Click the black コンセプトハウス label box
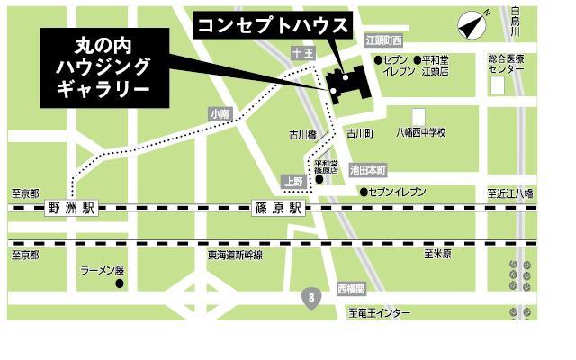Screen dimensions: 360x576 (272, 25)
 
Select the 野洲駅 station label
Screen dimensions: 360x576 (73, 209)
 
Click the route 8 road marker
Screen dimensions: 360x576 (311, 296)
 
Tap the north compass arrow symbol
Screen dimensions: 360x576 (472, 25)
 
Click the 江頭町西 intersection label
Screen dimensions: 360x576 (384, 41)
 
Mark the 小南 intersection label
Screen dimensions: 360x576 (220, 114)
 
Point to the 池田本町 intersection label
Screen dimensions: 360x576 (367, 169)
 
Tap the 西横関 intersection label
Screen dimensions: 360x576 (351, 289)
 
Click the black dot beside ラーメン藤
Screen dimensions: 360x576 (119, 284)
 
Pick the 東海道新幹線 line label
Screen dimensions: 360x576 (235, 256)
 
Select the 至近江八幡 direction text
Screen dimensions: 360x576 (510, 193)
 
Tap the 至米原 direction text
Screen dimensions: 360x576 (437, 255)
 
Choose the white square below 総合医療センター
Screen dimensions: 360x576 (498, 85)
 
